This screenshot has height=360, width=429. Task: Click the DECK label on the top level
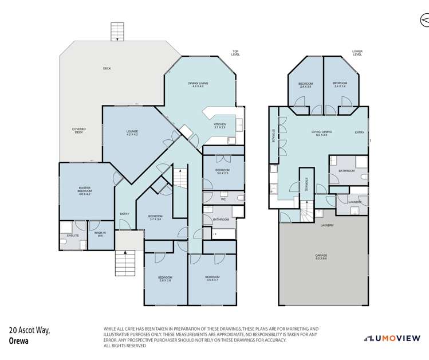point(107,69)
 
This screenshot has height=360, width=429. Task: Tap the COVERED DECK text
point(78,131)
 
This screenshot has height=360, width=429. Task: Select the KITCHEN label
point(220,126)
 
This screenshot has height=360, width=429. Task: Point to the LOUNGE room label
point(132,133)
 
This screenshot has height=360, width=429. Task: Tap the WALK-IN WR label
point(100,234)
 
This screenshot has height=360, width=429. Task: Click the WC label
point(223,199)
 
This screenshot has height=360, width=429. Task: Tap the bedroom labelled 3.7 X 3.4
point(156,218)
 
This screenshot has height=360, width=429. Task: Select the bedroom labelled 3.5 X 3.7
point(212,279)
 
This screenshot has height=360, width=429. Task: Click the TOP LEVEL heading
point(235,53)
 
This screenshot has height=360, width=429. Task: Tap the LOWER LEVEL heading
point(357,53)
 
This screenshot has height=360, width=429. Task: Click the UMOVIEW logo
point(395,338)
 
